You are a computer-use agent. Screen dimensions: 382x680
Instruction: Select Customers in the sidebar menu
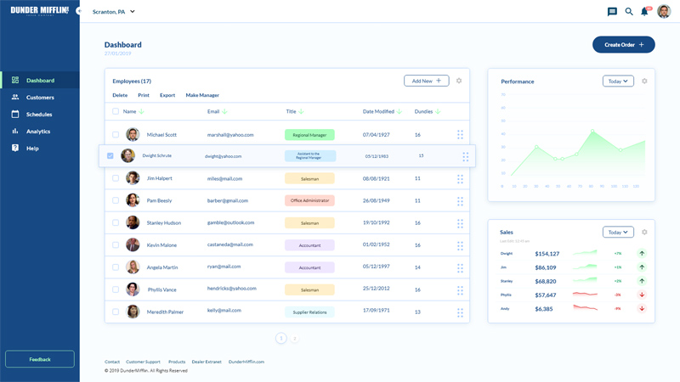tap(40, 98)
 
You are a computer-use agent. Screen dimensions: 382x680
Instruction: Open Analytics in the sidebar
tap(38, 132)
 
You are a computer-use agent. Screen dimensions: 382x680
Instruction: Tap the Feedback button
tap(40, 359)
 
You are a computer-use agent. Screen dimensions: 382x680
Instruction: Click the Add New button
tap(427, 81)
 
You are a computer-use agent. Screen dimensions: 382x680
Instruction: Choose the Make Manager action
tap(202, 95)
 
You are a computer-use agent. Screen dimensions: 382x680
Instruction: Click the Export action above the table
tap(167, 95)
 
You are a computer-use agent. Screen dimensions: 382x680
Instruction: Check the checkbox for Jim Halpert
tap(116, 178)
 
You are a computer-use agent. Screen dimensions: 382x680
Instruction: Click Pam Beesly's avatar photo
tap(133, 200)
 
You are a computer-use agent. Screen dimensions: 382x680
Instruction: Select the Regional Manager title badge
tap(309, 135)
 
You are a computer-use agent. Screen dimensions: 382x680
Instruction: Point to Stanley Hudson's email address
tap(230, 223)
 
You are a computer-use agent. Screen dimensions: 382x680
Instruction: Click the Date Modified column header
tap(379, 112)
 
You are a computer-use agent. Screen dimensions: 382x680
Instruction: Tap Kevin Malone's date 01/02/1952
tap(376, 245)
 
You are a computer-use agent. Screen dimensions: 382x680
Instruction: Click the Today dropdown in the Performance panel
tap(618, 81)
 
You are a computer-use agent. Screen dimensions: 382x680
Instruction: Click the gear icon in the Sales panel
tap(644, 232)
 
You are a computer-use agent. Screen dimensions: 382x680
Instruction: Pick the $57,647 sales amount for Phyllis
tap(546, 295)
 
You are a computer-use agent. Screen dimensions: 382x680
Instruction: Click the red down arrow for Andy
tap(642, 309)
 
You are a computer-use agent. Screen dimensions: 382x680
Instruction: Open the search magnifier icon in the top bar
tap(629, 12)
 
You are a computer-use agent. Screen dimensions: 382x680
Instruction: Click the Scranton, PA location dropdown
tap(114, 12)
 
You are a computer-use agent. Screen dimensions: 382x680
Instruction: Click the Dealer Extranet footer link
tap(207, 362)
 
